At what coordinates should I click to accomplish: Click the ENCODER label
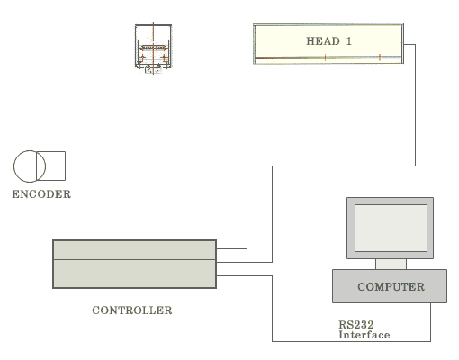click(x=41, y=194)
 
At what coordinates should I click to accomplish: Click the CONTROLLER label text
click(x=132, y=310)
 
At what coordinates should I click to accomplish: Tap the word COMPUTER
click(x=391, y=286)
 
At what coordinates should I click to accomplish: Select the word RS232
click(x=356, y=324)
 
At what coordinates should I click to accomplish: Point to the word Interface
click(x=364, y=335)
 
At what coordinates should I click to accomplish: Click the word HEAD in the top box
click(x=323, y=41)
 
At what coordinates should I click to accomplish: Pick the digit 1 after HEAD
click(x=348, y=41)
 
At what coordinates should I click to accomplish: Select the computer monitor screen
click(x=391, y=228)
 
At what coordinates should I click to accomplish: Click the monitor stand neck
click(x=391, y=264)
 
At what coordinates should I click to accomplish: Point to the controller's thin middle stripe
click(x=134, y=263)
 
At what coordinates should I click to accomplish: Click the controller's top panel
click(x=134, y=250)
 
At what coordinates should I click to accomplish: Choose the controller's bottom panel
click(x=134, y=276)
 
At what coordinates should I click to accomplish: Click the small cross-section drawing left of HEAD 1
click(x=153, y=49)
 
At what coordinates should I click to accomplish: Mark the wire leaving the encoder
click(x=157, y=166)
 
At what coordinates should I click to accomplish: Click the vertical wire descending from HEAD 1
click(x=415, y=105)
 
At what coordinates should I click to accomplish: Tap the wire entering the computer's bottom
click(x=431, y=322)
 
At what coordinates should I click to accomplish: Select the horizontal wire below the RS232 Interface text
click(x=351, y=341)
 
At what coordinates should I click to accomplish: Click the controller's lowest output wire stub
click(x=244, y=275)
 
